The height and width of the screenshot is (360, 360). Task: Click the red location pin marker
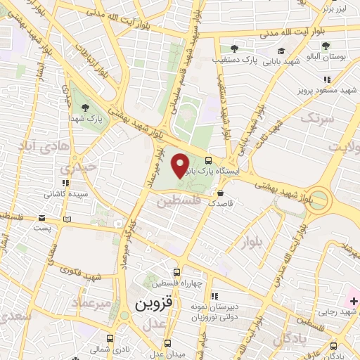(x=181, y=165)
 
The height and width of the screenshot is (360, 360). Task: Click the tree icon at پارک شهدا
(x=85, y=108)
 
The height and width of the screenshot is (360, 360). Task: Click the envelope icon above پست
(x=43, y=217)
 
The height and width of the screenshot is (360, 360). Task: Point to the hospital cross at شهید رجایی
(x=354, y=301)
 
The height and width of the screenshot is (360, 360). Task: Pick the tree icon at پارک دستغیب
(x=234, y=49)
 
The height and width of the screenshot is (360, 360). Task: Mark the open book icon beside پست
(x=67, y=220)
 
